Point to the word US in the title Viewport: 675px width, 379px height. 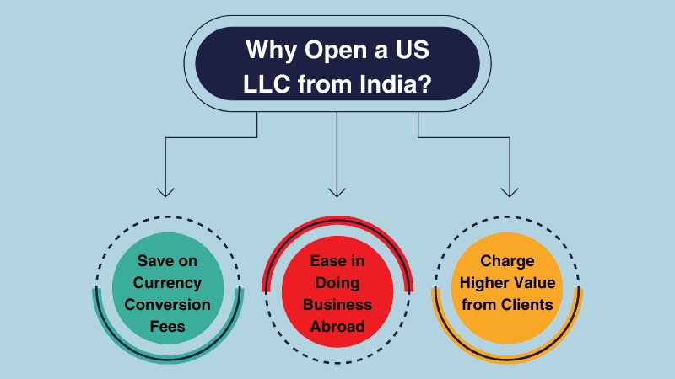pyautogui.click(x=412, y=50)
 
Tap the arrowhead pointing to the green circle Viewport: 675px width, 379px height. pyautogui.click(x=165, y=191)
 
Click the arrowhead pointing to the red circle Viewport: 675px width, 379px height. pyautogui.click(x=337, y=191)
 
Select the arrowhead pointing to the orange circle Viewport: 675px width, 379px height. pyautogui.click(x=509, y=191)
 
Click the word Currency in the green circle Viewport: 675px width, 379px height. pyautogui.click(x=168, y=282)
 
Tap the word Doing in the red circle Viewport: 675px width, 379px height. pyautogui.click(x=337, y=282)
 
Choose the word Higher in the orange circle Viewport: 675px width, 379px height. pyautogui.click(x=483, y=282)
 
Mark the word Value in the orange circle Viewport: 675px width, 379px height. pyautogui.click(x=532, y=282)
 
